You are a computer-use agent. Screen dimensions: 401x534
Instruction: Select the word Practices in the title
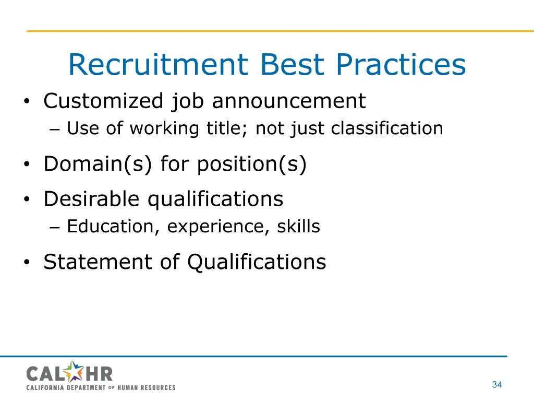400,65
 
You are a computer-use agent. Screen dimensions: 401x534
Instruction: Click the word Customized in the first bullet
103,101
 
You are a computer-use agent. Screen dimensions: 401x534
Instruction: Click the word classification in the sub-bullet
387,128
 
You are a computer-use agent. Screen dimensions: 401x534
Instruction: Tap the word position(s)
252,164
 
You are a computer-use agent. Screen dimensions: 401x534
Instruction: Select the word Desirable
92,199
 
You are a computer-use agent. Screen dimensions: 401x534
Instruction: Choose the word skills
298,227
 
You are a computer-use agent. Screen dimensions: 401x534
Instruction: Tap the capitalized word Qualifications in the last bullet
256,262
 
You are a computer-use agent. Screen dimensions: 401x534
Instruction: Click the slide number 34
496,385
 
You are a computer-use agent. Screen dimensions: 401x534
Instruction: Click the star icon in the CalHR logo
76,372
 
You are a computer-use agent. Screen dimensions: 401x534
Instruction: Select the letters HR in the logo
100,373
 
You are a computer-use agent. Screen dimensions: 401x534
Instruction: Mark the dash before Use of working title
57,129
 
